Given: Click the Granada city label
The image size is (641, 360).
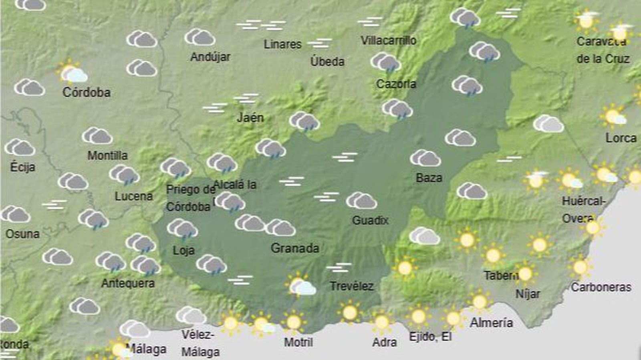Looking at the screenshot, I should pos(295,248).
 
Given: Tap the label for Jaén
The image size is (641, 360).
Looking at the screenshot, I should pos(250,118).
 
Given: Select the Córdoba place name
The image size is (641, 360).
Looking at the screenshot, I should pos(87,93).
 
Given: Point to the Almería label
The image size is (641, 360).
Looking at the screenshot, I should pos(491,323).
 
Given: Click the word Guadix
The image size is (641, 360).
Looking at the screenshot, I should pos(370,220).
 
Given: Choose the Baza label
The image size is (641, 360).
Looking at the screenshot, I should pos(429,178).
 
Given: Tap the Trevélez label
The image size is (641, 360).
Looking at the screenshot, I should pos(351,286).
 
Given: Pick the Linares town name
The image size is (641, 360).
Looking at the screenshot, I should pos(282,44).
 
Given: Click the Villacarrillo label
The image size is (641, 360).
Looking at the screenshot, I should pos(388,40).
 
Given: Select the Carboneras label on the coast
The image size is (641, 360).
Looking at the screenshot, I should pos(601,287).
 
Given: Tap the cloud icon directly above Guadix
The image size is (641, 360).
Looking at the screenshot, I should pos(361,200).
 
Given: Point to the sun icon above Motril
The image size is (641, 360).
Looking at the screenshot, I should pos(294,322).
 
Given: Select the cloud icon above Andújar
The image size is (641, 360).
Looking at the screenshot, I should pos(200,37).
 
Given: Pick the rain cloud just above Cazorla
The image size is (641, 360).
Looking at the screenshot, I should pos(386,62).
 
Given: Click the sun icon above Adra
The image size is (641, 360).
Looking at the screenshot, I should pos(381,322).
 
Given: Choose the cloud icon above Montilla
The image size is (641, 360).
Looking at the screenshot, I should pos(97,136).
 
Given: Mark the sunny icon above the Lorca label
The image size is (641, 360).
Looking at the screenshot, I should pos(613,116).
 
